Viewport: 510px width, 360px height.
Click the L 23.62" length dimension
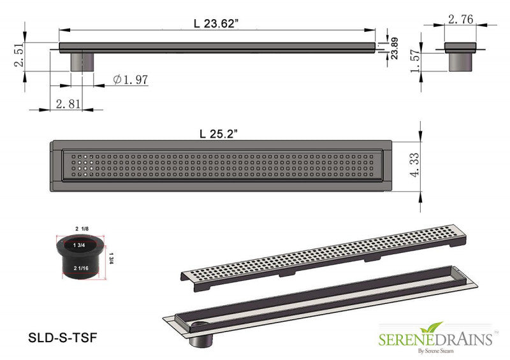click(x=216, y=24)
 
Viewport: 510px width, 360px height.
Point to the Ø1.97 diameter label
click(x=131, y=79)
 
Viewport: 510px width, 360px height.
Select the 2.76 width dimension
click(x=460, y=20)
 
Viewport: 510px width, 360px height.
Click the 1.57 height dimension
click(x=416, y=62)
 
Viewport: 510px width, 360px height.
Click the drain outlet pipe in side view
click(x=82, y=62)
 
